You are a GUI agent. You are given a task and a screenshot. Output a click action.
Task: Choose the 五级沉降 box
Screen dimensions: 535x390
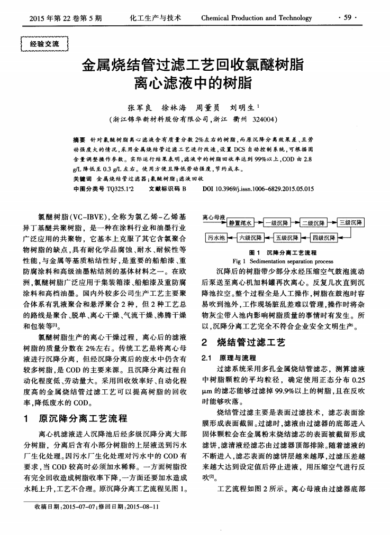pos(287,237)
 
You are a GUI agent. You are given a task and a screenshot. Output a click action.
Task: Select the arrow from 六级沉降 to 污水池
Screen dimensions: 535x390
pos(231,237)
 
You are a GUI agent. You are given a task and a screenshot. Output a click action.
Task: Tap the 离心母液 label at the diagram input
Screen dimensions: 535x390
pos(214,217)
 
